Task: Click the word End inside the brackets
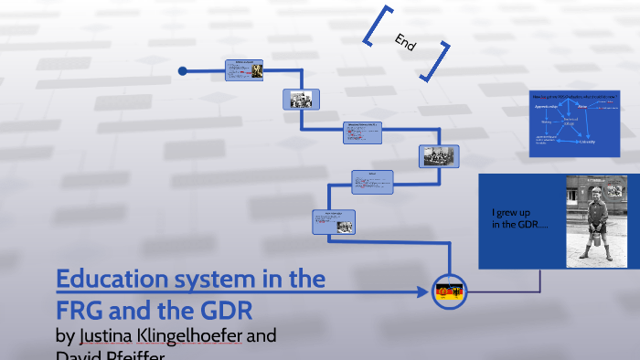point(405,41)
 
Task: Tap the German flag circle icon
point(449,291)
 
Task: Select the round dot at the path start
point(183,70)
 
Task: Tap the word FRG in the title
point(83,304)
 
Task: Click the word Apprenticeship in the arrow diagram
point(548,106)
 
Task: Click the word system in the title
point(218,279)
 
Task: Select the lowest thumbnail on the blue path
point(334,221)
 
